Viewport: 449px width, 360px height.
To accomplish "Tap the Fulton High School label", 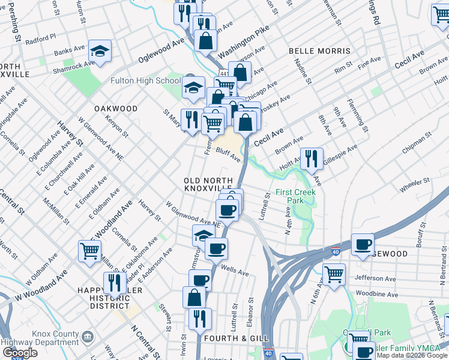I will [x=145, y=81].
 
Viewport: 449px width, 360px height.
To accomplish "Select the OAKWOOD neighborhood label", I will [x=115, y=109].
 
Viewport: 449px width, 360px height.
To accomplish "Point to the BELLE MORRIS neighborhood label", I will [x=319, y=51].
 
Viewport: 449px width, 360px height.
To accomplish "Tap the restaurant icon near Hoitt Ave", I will [x=312, y=158].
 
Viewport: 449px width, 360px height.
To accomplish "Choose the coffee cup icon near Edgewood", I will [x=363, y=244].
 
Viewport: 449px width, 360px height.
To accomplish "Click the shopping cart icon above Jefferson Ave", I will [x=334, y=274].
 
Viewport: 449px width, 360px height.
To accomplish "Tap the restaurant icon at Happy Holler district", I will [x=114, y=283].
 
